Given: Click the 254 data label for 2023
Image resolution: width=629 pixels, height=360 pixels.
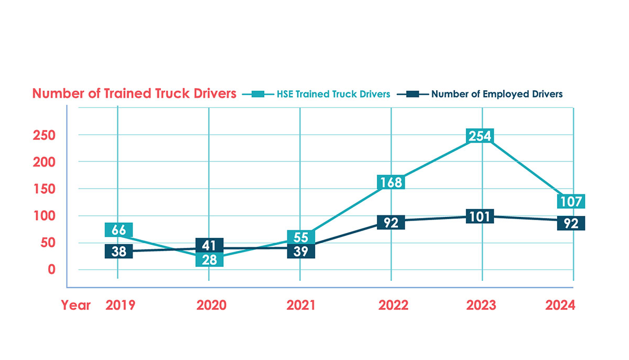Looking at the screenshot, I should pos(480,136).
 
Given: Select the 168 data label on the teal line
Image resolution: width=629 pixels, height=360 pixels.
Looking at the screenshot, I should pos(391,182).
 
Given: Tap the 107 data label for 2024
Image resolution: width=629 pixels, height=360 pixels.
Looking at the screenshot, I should pos(571,202).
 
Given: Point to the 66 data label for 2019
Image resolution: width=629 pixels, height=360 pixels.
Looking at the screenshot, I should pos(118,230).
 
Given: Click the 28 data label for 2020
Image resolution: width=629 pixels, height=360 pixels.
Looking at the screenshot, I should pos(210,259).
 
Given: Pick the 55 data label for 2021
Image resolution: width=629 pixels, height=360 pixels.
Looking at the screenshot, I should pos(301,237).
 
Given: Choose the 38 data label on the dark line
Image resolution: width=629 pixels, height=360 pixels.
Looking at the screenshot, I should pos(118,252).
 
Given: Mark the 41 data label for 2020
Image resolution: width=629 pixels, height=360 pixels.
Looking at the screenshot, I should pos(210,245).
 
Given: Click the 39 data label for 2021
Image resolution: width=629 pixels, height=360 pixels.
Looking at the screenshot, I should pos(301,252).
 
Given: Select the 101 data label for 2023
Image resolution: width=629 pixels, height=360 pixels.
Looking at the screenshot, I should pos(480,216).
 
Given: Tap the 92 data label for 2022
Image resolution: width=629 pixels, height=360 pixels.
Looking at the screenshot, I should pos(391,223).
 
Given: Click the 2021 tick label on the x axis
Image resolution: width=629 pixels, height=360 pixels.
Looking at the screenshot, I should pos(301,305).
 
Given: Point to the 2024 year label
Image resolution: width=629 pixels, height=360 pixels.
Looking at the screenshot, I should pos(560,305).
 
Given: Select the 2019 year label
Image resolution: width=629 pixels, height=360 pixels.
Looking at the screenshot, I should pos(120,305).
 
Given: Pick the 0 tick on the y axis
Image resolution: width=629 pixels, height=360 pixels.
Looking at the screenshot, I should pos(51,269).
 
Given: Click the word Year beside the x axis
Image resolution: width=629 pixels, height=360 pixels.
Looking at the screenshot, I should pos(75,305).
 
